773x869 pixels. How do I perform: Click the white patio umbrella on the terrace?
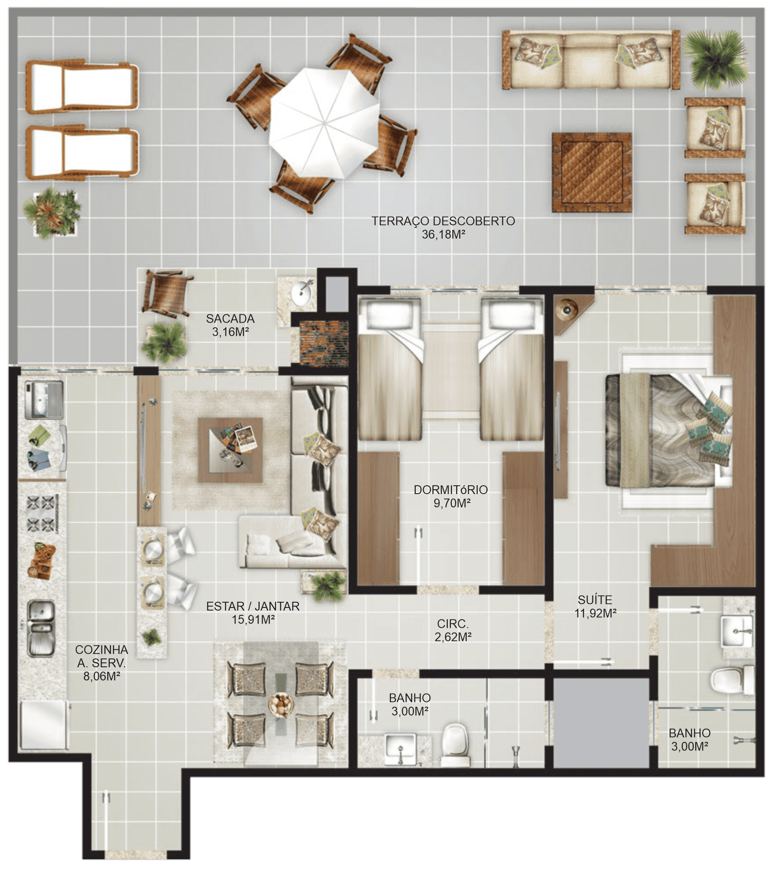coord(324,124)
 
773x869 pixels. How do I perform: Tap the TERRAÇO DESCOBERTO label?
coord(443,221)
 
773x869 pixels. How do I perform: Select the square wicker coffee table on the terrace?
coord(592,173)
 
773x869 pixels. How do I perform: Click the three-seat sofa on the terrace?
coord(591,60)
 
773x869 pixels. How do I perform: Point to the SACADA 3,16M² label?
coord(230,325)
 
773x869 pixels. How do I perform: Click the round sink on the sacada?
coord(303,291)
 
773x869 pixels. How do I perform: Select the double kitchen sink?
coord(41,629)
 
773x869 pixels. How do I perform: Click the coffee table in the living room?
coord(230,450)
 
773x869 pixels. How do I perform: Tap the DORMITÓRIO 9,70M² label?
coord(451,496)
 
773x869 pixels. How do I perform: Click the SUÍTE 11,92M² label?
coord(595,606)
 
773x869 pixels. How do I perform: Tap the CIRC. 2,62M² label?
coord(453,630)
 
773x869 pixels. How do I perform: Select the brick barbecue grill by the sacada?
coord(324,342)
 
